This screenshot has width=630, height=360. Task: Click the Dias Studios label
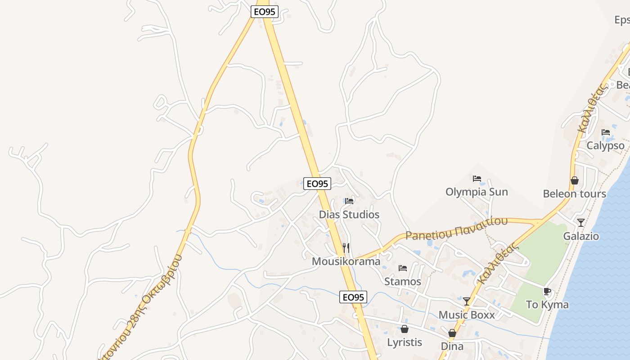(x=349, y=215)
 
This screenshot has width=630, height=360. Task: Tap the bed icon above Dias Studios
(x=349, y=201)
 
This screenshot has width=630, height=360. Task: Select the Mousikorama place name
(x=346, y=261)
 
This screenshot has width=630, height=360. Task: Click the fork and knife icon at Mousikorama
(x=346, y=247)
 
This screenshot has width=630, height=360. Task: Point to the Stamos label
(x=403, y=282)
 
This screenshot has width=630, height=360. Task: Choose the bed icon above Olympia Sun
(x=477, y=178)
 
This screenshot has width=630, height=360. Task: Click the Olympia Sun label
(x=477, y=192)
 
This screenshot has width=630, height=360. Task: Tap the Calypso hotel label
(x=606, y=146)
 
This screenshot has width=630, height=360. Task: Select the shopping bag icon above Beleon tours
(x=575, y=180)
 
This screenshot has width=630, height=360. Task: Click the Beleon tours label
(x=575, y=194)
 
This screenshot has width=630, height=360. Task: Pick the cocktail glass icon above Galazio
(x=581, y=222)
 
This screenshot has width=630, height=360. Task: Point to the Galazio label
(x=581, y=236)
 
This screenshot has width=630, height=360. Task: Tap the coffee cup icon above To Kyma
(x=547, y=291)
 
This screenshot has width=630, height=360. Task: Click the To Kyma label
(x=547, y=305)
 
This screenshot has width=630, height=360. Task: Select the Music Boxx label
(x=467, y=315)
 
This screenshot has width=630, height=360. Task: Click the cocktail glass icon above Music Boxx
(x=467, y=301)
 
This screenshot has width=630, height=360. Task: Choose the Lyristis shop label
(x=405, y=342)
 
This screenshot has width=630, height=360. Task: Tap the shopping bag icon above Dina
(x=452, y=333)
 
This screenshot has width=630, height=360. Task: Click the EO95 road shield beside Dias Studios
(x=317, y=184)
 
